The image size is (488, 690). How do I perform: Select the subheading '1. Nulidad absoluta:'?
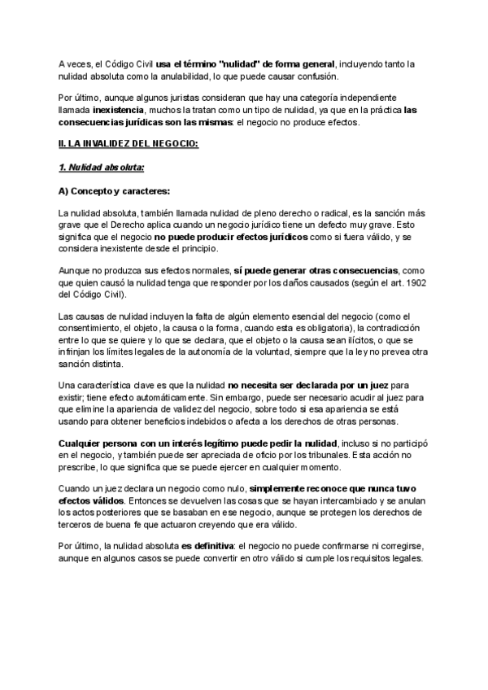[102, 168]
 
